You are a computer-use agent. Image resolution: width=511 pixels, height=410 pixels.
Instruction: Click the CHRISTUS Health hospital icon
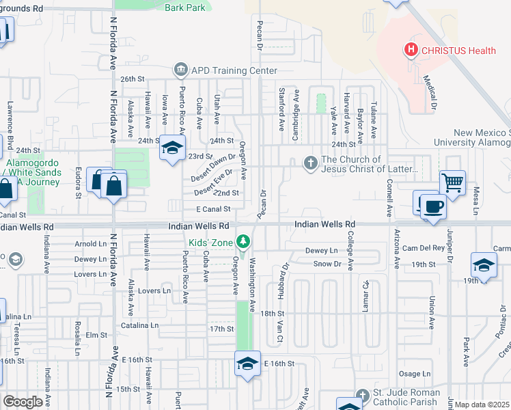(x=411, y=50)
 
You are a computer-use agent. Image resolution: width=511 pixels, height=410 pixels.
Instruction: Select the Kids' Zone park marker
(x=242, y=241)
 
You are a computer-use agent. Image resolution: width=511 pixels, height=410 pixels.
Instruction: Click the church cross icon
(x=310, y=163)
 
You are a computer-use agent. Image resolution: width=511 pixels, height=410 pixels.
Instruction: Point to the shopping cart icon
(x=452, y=182)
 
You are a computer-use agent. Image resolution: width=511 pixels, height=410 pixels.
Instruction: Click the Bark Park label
(x=184, y=8)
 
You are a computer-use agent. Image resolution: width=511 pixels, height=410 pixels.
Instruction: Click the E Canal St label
(x=212, y=210)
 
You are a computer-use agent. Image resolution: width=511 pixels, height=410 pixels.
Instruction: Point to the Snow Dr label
(x=327, y=264)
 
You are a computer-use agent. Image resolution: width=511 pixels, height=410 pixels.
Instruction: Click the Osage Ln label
(x=415, y=374)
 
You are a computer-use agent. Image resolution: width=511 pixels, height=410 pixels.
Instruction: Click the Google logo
(x=23, y=401)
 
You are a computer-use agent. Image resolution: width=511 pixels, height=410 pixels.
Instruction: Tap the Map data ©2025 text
(x=482, y=405)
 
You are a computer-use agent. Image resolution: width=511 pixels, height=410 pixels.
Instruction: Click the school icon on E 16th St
(x=247, y=363)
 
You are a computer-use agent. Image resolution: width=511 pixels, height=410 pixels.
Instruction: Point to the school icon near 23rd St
(x=172, y=148)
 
